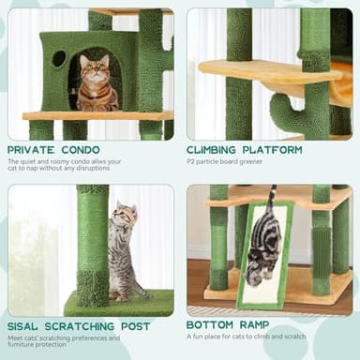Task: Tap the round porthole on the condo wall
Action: point(59,58)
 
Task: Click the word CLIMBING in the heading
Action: point(218,149)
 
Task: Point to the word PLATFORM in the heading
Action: point(277,149)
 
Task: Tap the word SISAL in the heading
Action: point(25,325)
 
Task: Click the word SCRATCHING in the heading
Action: point(86,325)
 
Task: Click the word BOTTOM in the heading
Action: point(213,325)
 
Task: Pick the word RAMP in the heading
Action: point(260,325)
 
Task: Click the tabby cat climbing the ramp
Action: point(264,246)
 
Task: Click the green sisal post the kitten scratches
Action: point(93,244)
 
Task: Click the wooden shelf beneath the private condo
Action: point(98,116)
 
